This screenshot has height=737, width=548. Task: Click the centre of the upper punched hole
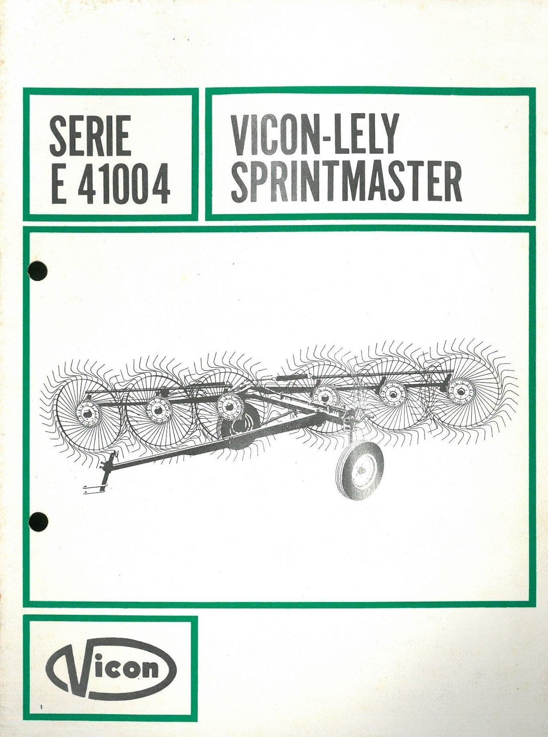point(38,271)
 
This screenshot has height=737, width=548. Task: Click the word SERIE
point(91,135)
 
